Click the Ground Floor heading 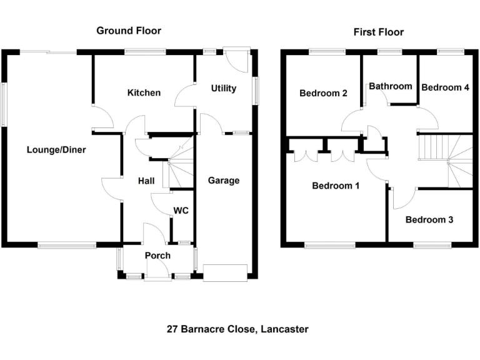tap(129, 31)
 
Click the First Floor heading tap(379, 32)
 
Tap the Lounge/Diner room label tap(56, 150)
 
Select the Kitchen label tap(144, 93)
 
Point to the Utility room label tap(223, 89)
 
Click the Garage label tap(223, 181)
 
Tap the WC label tap(181, 211)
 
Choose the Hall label tap(146, 181)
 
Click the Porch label tap(157, 256)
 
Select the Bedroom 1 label tap(336, 186)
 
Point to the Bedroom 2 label tap(323, 94)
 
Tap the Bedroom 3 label tap(429, 220)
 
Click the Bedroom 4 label tap(445, 87)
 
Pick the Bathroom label tap(391, 86)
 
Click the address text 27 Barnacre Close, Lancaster tap(237, 329)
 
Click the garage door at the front tap(225, 272)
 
